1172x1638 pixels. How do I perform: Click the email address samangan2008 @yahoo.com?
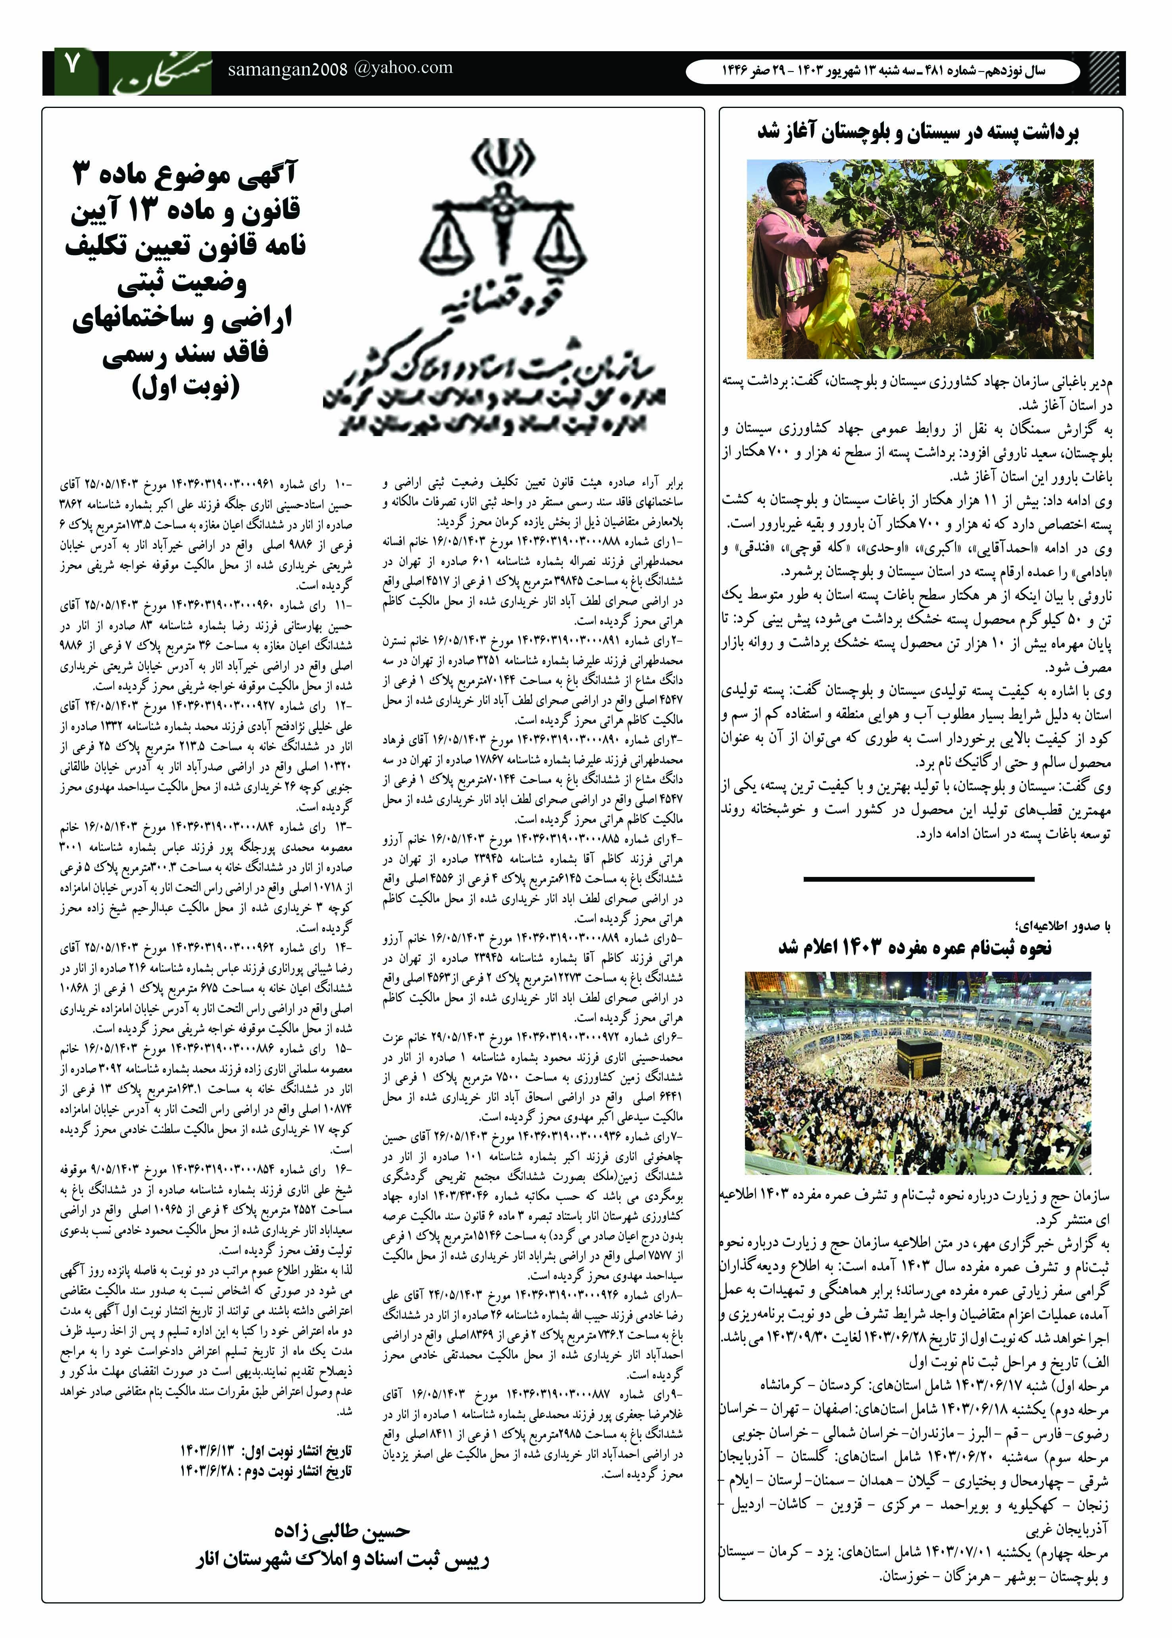click(340, 69)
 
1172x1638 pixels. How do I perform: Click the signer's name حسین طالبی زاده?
click(342, 1530)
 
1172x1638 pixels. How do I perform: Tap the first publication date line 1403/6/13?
click(266, 1450)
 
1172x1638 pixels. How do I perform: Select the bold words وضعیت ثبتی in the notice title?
click(182, 283)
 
